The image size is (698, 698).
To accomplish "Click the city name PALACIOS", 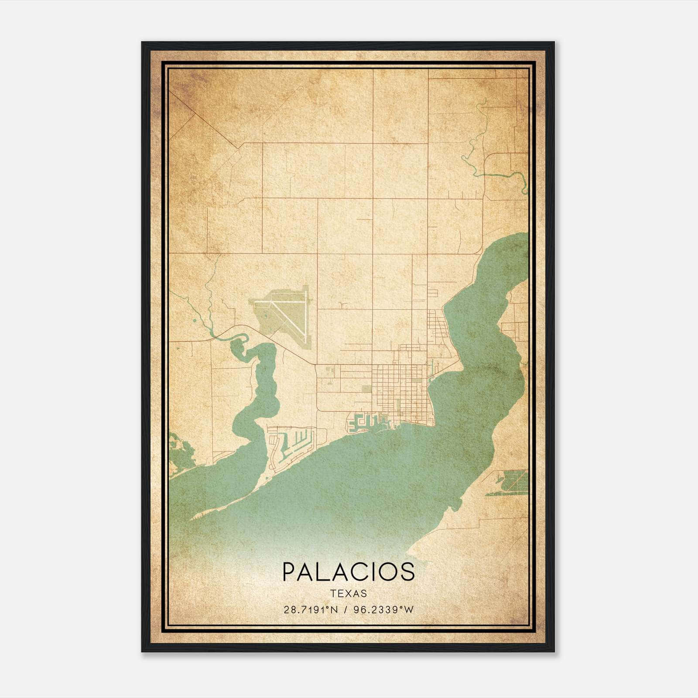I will point(349,571).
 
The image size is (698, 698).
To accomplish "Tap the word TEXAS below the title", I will point(349,593).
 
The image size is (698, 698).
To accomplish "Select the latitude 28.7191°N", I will point(311,610).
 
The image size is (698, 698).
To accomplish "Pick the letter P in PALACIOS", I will point(289,571).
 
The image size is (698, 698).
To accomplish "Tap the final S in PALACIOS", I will point(407,571).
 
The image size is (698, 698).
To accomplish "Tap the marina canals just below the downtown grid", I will point(369,421).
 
